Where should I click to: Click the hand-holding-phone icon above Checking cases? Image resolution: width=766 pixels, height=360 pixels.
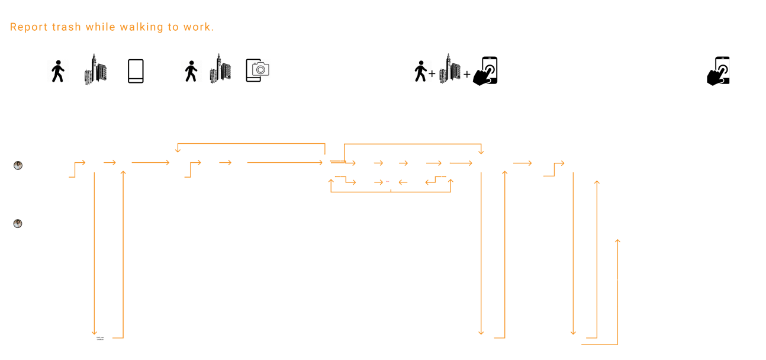[719, 71]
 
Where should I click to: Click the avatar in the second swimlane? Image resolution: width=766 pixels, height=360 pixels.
[18, 224]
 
